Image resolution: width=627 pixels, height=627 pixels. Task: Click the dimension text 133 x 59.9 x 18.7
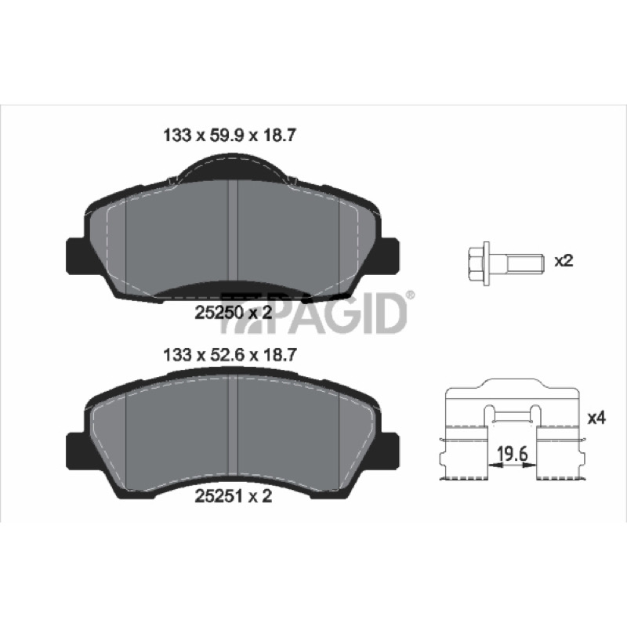click(230, 136)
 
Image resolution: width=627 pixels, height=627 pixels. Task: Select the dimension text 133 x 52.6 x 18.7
click(230, 354)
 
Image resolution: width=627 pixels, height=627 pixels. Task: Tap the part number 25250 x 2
click(233, 312)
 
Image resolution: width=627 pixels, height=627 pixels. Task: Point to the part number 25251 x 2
click(233, 496)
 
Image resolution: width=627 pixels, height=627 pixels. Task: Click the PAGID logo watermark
click(315, 313)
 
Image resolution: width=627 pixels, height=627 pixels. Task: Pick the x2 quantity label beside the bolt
click(564, 261)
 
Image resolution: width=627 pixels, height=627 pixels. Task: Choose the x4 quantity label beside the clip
click(596, 419)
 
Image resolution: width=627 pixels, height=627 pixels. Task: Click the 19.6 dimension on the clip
click(513, 454)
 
